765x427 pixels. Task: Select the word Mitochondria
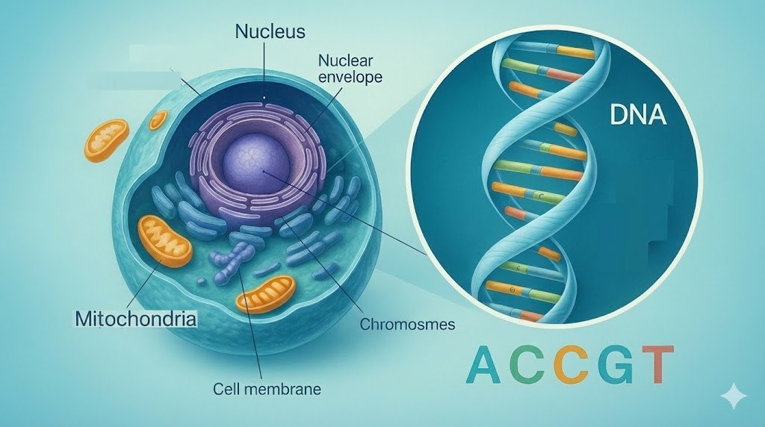(137, 320)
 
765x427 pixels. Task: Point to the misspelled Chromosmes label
(407, 325)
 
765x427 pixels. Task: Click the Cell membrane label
(267, 389)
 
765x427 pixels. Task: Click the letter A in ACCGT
(484, 364)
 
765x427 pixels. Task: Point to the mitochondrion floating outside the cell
(107, 141)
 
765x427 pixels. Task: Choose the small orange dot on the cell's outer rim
(159, 119)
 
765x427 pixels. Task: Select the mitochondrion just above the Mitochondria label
(166, 240)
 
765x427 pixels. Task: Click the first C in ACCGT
(529, 364)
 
